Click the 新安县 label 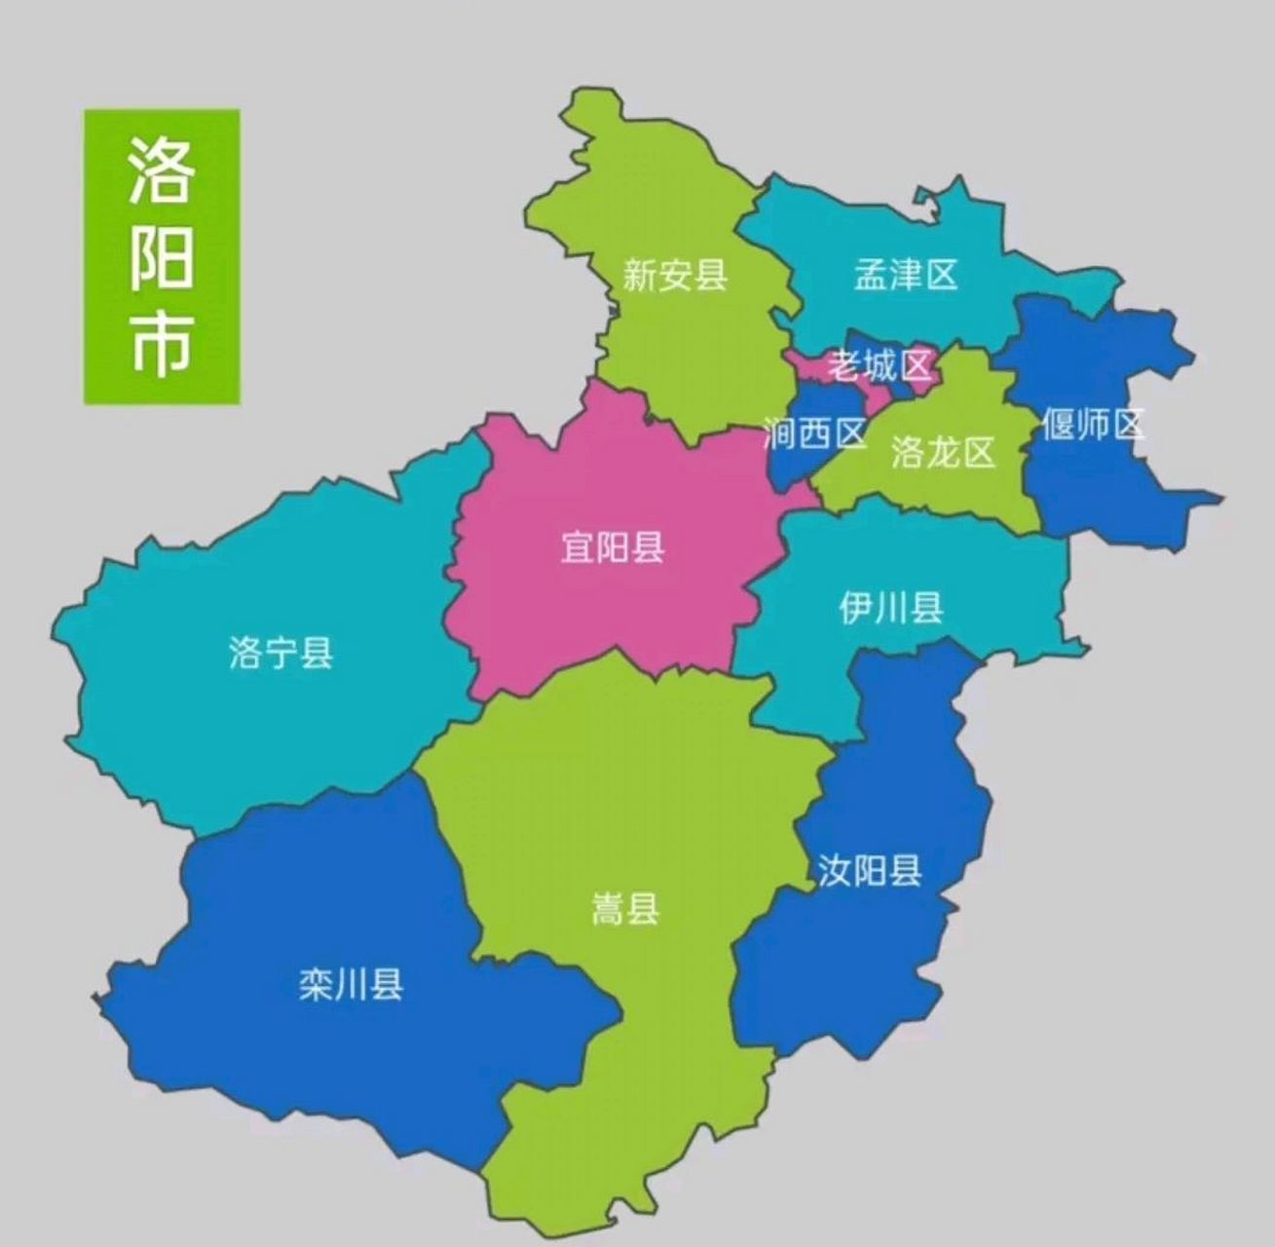(x=675, y=276)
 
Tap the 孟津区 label (x=905, y=275)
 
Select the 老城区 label (x=879, y=366)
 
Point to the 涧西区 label (x=814, y=434)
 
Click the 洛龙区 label (x=942, y=452)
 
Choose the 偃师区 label (x=1092, y=425)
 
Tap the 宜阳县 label (x=613, y=548)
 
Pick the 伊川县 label (x=890, y=609)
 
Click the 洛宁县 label (x=281, y=652)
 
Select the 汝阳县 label (x=870, y=870)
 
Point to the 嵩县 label (x=625, y=910)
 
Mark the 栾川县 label (x=351, y=986)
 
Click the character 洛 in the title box (x=162, y=170)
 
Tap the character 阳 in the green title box (x=162, y=257)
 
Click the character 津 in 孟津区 (x=905, y=275)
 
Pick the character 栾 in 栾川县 (x=316, y=986)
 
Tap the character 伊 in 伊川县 (x=855, y=609)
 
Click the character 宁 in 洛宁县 (x=281, y=652)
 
